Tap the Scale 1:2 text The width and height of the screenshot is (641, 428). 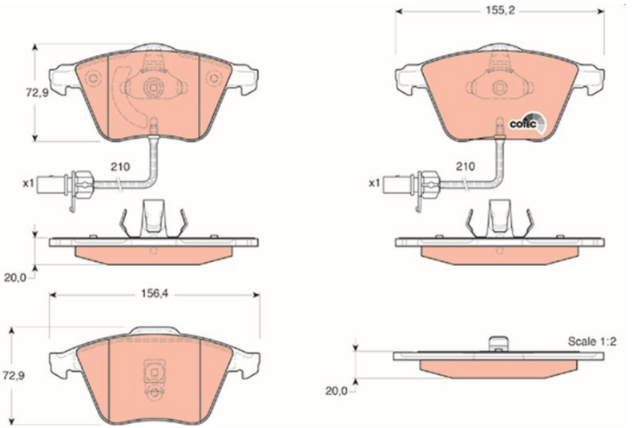tap(592, 341)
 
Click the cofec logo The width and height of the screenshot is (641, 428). tap(527, 123)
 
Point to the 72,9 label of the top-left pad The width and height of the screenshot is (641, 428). tap(37, 93)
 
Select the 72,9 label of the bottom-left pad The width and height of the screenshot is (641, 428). tap(14, 375)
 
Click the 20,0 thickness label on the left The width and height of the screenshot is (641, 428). tap(15, 278)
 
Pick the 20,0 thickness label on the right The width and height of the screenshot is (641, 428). tap(336, 391)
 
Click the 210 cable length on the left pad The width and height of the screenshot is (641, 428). tap(121, 167)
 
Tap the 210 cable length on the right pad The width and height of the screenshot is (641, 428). tap(466, 167)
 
